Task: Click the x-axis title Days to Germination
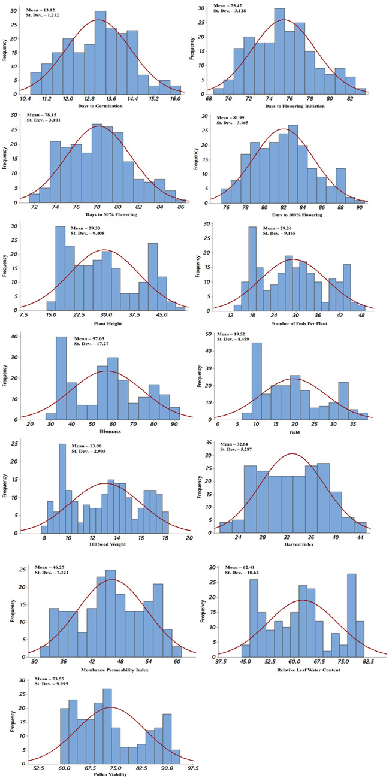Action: coord(100,106)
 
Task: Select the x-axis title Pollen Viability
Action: coord(100,776)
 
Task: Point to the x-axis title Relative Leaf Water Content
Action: coord(294,670)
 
